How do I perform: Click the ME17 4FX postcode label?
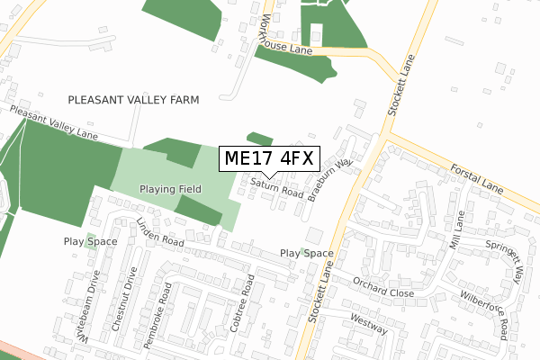267,158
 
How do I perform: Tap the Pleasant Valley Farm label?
133,99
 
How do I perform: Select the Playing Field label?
170,189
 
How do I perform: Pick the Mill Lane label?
460,229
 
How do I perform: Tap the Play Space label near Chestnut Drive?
85,241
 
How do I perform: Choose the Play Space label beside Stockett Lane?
306,254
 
